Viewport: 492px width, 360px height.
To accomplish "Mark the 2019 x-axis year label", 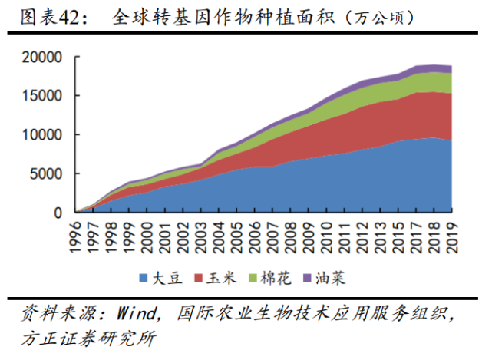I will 451,236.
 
